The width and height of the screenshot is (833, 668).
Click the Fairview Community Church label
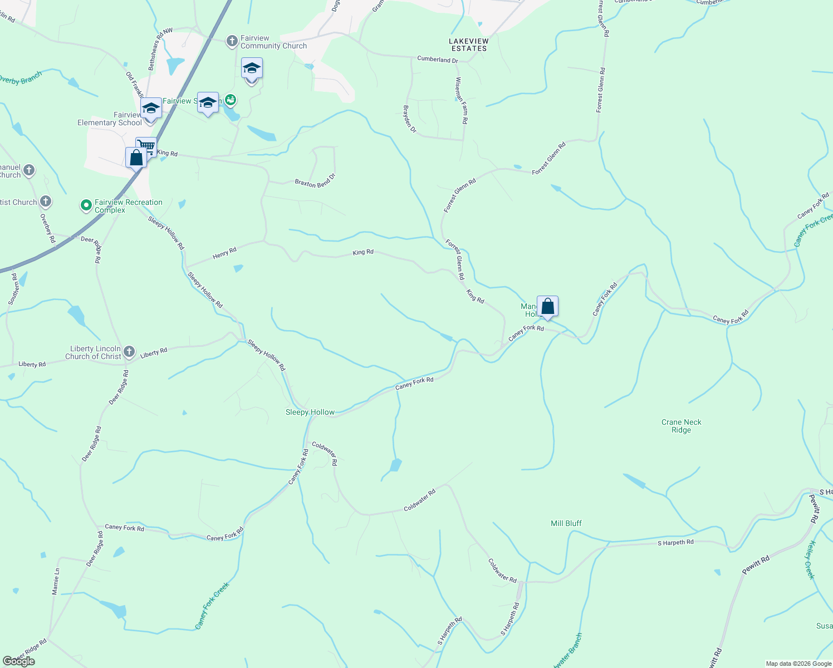(273, 42)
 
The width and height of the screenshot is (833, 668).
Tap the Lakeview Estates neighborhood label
(469, 45)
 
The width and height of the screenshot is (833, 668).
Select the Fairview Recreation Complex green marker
(86, 206)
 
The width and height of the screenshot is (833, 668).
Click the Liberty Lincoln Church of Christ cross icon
(129, 351)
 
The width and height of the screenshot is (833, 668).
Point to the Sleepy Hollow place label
(310, 412)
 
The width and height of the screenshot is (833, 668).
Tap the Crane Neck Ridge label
(682, 426)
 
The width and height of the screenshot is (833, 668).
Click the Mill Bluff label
(566, 523)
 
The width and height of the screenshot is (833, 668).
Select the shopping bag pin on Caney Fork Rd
(547, 307)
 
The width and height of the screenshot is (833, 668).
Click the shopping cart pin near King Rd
(146, 147)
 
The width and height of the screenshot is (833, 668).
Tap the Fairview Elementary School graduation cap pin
(151, 108)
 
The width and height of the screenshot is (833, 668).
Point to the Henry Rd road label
(224, 254)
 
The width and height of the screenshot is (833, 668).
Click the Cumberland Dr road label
(438, 60)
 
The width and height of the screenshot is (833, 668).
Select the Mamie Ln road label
(56, 582)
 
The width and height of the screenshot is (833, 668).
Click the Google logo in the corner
(19, 661)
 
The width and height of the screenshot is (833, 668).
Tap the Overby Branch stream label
(20, 78)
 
